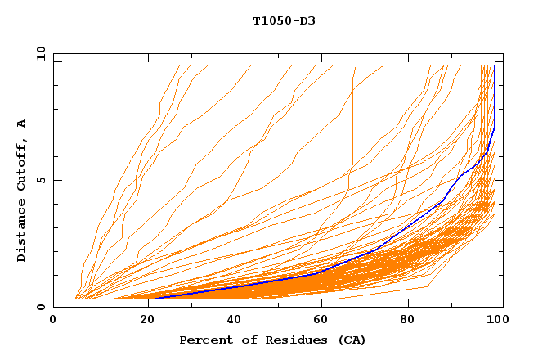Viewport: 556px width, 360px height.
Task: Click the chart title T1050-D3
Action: click(284, 20)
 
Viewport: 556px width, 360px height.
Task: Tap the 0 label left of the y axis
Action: click(41, 307)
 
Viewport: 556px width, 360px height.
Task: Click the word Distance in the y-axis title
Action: click(21, 232)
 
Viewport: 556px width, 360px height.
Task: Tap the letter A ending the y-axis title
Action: click(21, 123)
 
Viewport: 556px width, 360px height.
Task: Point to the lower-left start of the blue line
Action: click(155, 298)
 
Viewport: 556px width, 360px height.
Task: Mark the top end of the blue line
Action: click(494, 67)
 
